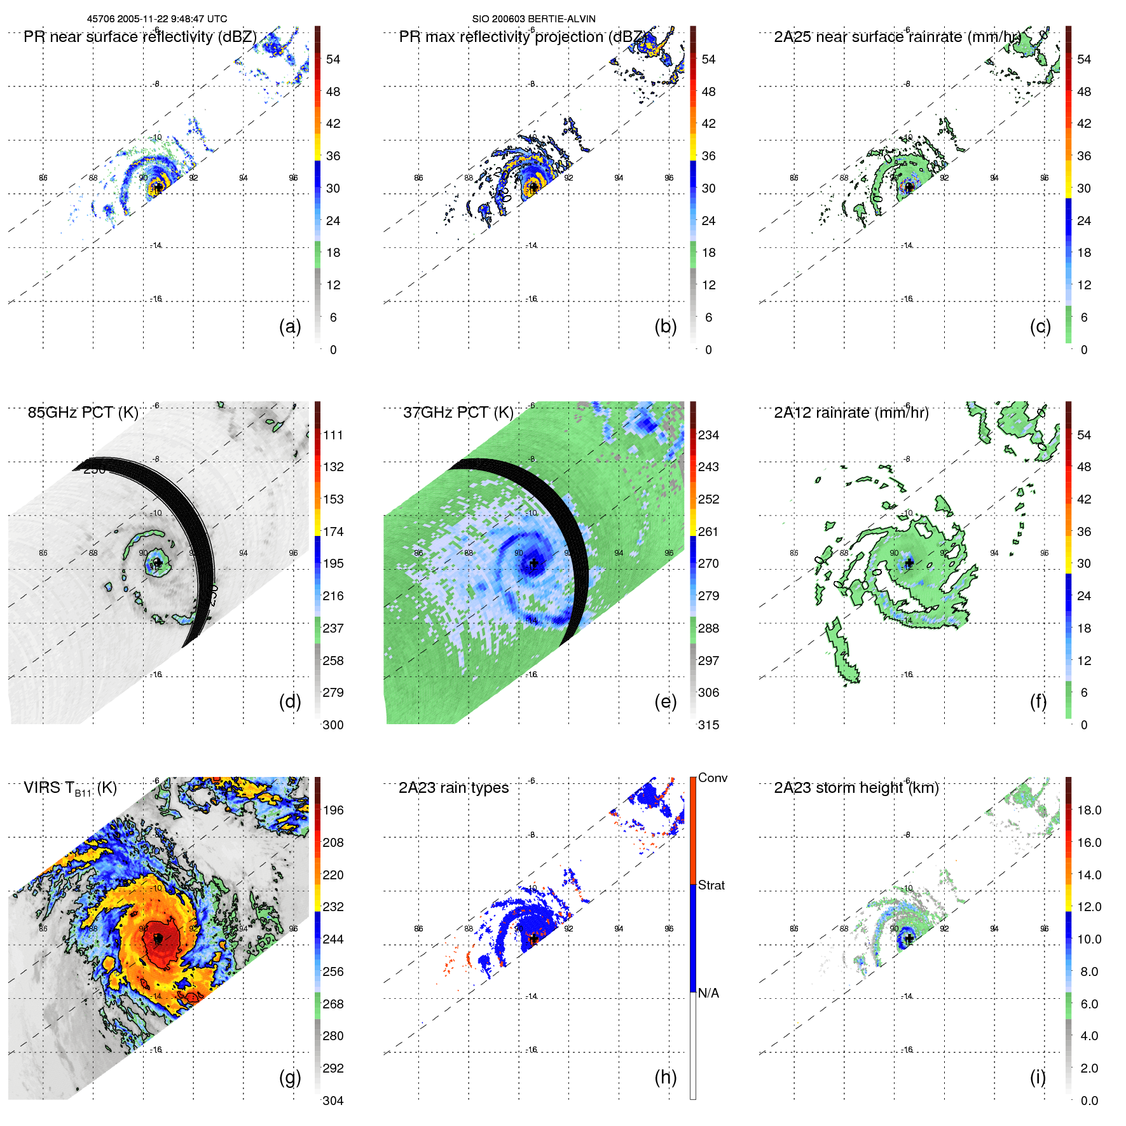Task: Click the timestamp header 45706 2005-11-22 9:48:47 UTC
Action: pos(156,19)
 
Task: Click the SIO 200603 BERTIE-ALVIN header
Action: pos(533,19)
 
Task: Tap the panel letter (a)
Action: pos(290,326)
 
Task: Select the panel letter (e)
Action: pos(665,701)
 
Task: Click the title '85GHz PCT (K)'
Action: pos(83,413)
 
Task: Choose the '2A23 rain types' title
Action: pos(453,788)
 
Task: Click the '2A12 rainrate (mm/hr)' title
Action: pos(851,413)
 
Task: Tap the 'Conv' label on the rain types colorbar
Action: pos(712,778)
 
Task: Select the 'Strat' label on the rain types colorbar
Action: pos(711,885)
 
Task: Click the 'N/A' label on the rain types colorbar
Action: pos(708,993)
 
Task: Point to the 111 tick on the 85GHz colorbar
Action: pos(333,436)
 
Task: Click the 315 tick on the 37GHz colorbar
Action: pos(708,725)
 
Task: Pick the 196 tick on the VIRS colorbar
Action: pos(333,811)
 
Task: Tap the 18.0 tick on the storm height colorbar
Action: pos(1089,811)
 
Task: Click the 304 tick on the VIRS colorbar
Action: pos(333,1101)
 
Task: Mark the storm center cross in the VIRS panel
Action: pos(158,938)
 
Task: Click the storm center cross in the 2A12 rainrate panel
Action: pos(909,563)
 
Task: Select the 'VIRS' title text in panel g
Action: pos(43,788)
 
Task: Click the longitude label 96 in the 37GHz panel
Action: pos(668,553)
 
